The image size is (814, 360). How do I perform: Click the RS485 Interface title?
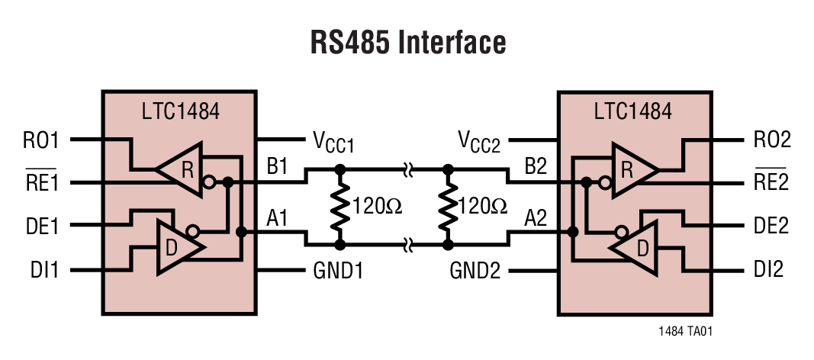pos(407,42)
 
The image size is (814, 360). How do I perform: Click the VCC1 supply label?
pos(334,142)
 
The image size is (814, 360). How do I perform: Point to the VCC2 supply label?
pos(479,142)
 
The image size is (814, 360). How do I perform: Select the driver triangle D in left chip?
pos(178,248)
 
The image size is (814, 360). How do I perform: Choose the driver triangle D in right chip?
pos(638,248)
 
